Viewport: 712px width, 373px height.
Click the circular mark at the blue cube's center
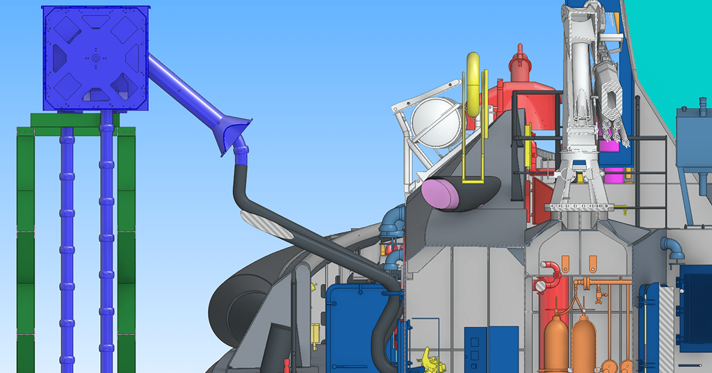tap(95, 58)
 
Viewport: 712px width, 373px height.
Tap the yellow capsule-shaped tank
tap(474, 84)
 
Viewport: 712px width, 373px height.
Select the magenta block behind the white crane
tap(610, 145)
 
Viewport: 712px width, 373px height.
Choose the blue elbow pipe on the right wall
tap(672, 247)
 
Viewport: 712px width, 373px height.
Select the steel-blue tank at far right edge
tap(694, 139)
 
